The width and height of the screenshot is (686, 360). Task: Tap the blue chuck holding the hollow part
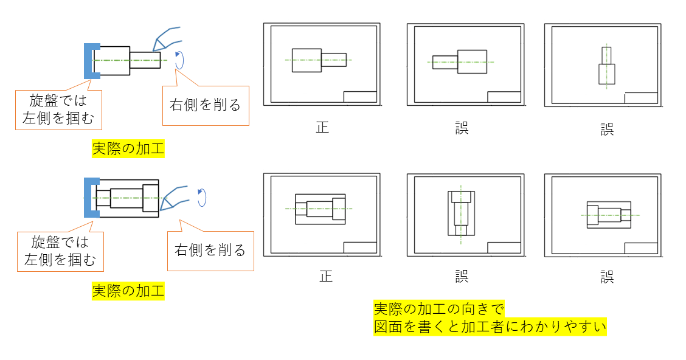tap(90, 198)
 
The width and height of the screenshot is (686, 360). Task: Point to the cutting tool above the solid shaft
tap(165, 38)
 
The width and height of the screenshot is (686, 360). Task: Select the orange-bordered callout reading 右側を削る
tap(206, 105)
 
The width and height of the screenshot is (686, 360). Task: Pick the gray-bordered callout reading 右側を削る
tap(210, 250)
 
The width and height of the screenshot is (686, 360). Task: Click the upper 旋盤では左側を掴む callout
tap(58, 109)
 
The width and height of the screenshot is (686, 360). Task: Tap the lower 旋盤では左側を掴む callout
tap(60, 251)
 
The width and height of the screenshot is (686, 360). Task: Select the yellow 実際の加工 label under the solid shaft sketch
tap(128, 148)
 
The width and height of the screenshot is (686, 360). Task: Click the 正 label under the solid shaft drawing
tap(322, 128)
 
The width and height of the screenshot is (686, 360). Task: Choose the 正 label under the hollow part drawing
tap(326, 276)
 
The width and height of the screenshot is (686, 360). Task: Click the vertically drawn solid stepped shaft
tap(606, 66)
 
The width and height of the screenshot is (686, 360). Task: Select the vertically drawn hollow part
tap(462, 213)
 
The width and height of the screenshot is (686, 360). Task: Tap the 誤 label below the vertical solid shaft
tap(606, 129)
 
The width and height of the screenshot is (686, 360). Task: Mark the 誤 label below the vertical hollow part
tap(462, 276)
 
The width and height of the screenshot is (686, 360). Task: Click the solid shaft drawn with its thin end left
tap(460, 62)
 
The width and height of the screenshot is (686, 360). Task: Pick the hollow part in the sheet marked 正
tap(320, 209)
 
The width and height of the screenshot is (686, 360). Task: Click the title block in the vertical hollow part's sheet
tap(504, 247)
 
